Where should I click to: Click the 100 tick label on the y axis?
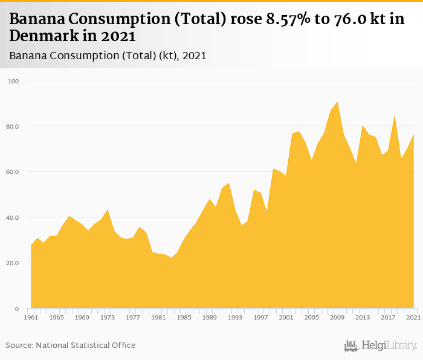(13, 81)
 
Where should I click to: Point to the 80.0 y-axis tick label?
(13, 126)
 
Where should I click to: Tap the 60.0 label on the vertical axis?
(13, 172)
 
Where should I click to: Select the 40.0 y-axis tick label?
(13, 217)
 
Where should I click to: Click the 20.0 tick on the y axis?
(13, 263)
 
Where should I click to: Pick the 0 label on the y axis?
(16, 309)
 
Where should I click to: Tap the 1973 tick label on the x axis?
(108, 317)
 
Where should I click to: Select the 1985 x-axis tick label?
(184, 317)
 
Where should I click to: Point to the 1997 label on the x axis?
(261, 317)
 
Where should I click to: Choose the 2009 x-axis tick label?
(338, 317)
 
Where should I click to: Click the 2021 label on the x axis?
(414, 317)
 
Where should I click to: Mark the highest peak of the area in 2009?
(337, 103)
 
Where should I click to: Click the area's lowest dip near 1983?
(171, 258)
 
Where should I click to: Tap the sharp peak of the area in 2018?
(395, 117)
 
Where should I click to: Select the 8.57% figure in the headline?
(290, 19)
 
